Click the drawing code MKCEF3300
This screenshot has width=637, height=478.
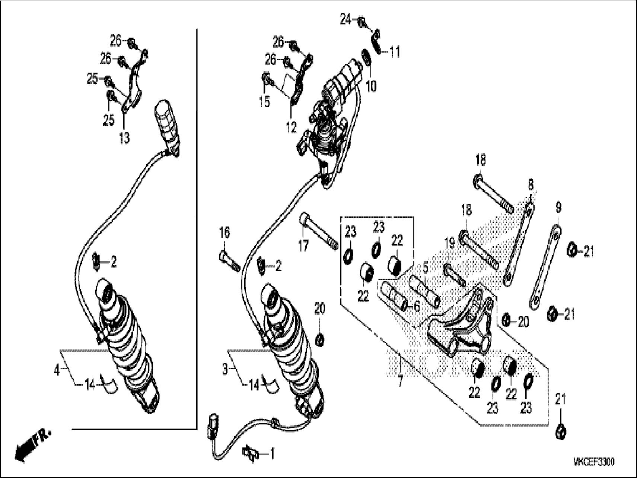(593, 462)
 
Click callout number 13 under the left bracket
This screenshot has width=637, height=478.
(124, 138)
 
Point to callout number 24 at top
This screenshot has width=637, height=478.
(345, 19)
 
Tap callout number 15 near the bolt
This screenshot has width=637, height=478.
(264, 102)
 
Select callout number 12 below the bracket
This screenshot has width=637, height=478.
(291, 127)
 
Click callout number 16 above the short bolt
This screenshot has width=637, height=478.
(224, 233)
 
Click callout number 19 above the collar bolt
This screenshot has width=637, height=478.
(450, 244)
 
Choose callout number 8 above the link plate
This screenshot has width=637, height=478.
(530, 184)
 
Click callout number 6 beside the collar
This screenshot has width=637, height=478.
(417, 306)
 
